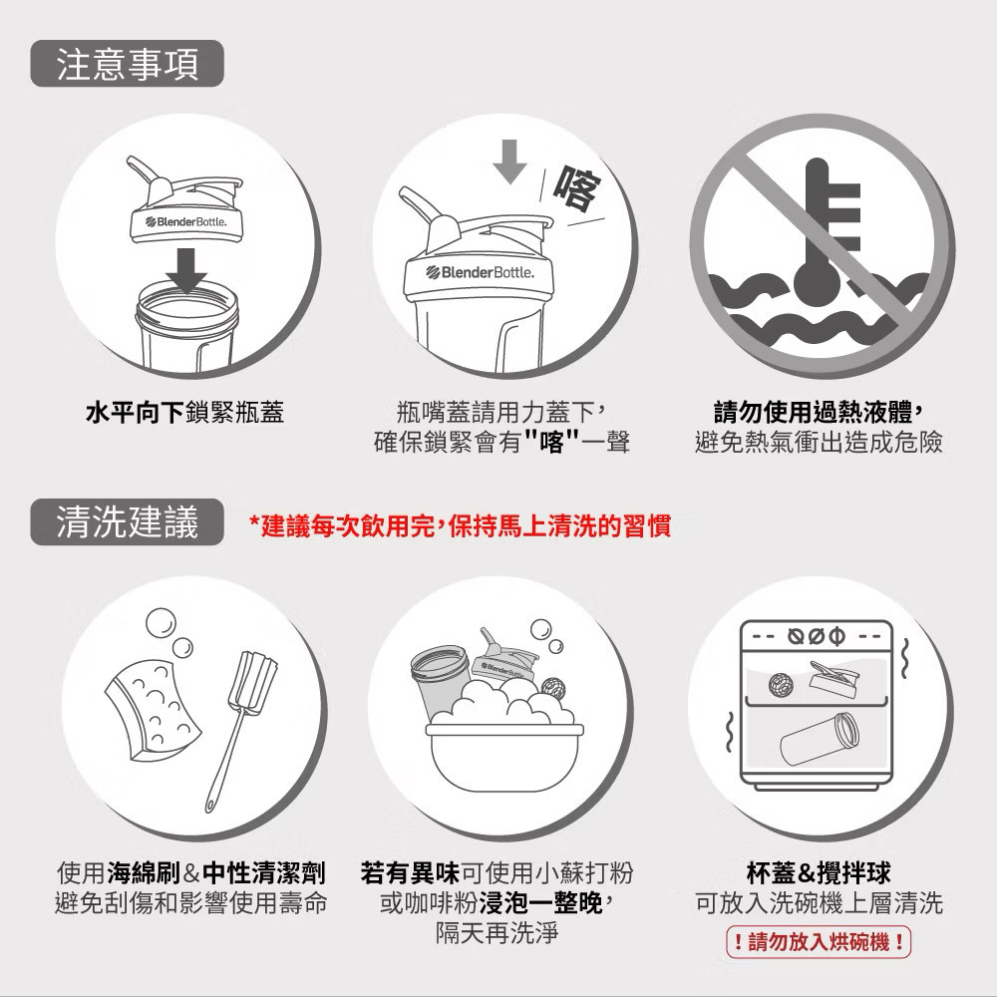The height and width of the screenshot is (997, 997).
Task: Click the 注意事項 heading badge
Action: [x=128, y=64]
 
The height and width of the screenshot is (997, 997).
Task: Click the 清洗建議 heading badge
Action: [x=128, y=522]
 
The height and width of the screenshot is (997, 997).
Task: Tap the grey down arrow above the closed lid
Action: [x=509, y=162]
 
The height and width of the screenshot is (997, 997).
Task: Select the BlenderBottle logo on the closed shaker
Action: [x=481, y=273]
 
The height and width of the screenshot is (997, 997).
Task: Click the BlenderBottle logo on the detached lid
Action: [x=185, y=222]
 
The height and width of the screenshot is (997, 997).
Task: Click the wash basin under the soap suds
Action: [x=504, y=757]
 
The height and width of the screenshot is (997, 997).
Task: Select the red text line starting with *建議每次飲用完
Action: [x=460, y=526]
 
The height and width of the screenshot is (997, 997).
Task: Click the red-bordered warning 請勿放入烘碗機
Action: [x=819, y=942]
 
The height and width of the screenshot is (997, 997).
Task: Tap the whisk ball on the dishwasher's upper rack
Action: [x=781, y=684]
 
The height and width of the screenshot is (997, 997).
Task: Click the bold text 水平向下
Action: [x=135, y=413]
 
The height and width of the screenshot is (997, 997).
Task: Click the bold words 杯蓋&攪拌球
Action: [x=819, y=873]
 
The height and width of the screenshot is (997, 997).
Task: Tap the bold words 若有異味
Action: [x=410, y=873]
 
